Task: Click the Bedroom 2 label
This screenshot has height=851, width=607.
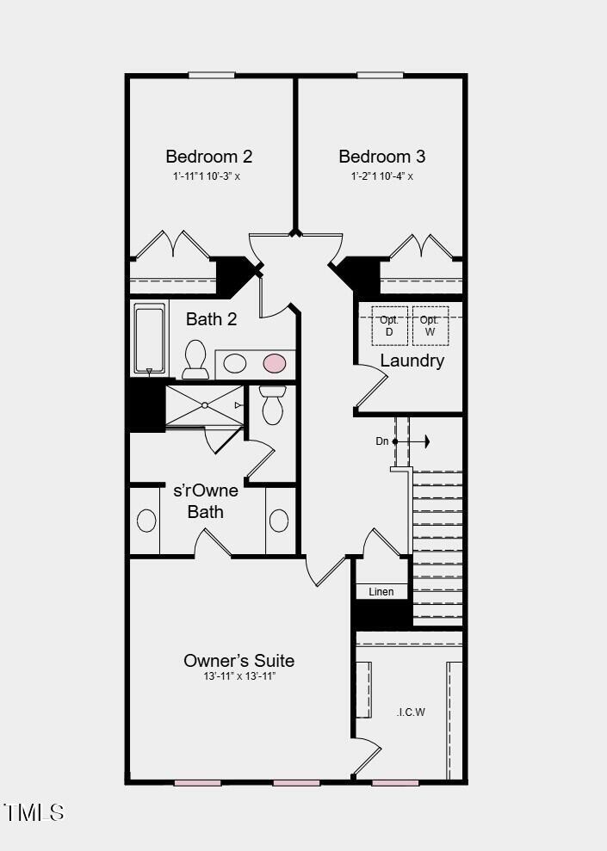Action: pos(208,157)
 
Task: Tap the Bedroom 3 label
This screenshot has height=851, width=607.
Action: pos(381,157)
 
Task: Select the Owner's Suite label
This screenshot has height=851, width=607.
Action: pos(238,661)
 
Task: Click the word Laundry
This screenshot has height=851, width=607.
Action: pos(412,361)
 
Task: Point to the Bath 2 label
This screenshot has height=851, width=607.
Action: pos(211,319)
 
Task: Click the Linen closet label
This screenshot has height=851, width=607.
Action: pos(381,592)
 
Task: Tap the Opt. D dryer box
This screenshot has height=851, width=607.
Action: pos(389,325)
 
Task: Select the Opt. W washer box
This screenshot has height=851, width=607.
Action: pos(430,325)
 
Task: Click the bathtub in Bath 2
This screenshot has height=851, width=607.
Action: pos(149,338)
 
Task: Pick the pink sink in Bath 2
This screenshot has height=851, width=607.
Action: pos(274,364)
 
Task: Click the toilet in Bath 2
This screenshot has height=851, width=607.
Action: pos(195,359)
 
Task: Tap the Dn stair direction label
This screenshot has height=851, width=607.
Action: pos(382,441)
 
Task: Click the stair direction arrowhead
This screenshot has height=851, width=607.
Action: pos(425,441)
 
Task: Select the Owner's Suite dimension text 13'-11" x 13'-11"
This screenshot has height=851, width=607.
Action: pos(238,677)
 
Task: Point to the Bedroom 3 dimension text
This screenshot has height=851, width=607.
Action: pos(381,176)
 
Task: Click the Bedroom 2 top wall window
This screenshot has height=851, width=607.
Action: pos(212,75)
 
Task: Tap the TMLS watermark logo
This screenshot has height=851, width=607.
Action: pos(34,811)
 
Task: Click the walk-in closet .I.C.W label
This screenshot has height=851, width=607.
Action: pos(411,712)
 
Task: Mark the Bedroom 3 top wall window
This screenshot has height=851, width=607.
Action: pos(380,75)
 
